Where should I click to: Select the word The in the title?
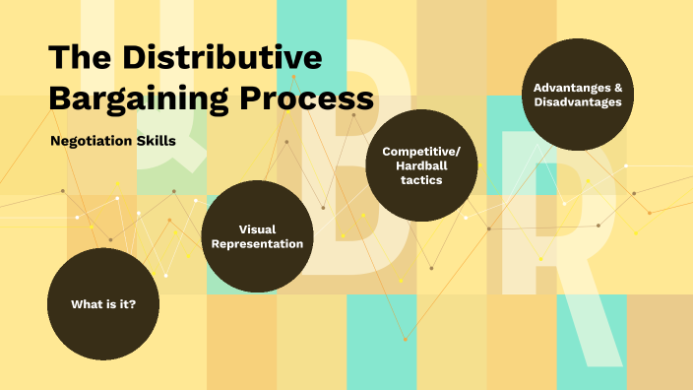pyautogui.click(x=78, y=58)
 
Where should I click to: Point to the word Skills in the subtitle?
pyautogui.click(x=157, y=141)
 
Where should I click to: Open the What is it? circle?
pyautogui.click(x=103, y=304)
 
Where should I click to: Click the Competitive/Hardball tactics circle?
pyautogui.click(x=420, y=164)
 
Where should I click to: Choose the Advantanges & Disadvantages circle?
pyautogui.click(x=578, y=94)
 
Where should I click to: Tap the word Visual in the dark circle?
pyautogui.click(x=257, y=228)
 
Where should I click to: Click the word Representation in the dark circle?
pyautogui.click(x=257, y=244)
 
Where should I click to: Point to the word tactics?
pyautogui.click(x=421, y=180)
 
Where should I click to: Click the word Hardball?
pyautogui.click(x=421, y=165)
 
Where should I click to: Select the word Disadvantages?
pyautogui.click(x=578, y=101)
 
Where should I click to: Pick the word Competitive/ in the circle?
pyautogui.click(x=421, y=151)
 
